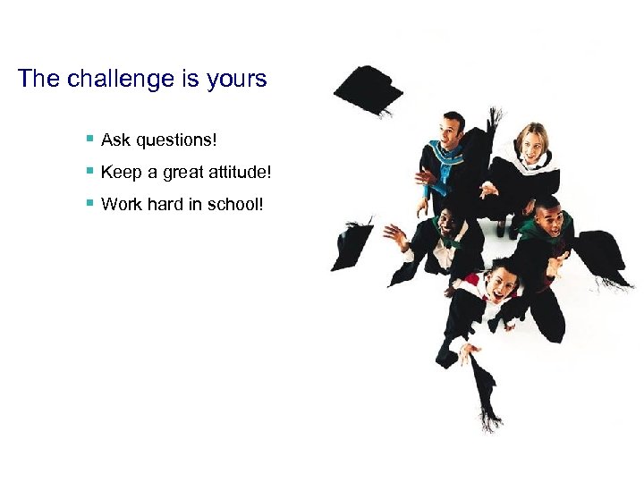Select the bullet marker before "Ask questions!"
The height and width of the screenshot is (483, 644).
coord(89,140)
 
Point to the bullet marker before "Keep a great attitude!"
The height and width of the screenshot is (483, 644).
coord(89,171)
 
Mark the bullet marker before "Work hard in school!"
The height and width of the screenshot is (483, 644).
coord(89,203)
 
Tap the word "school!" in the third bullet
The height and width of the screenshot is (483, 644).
coord(235,204)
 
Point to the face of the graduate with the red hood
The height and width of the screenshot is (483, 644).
coord(501,282)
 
